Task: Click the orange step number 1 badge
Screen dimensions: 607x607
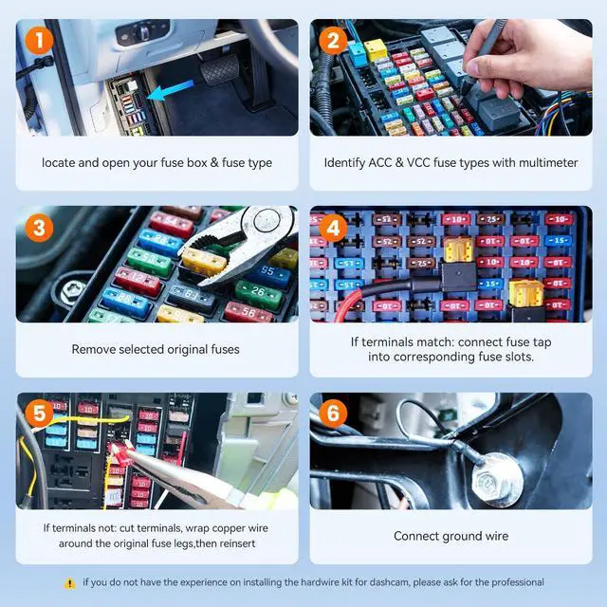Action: click(39, 40)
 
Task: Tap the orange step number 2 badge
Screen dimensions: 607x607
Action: click(333, 40)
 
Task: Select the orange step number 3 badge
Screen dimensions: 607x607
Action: click(39, 228)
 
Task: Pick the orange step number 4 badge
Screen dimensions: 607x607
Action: click(333, 228)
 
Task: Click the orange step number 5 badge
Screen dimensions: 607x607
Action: click(39, 414)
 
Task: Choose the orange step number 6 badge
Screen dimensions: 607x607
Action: click(333, 414)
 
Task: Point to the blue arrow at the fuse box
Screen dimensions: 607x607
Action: click(171, 91)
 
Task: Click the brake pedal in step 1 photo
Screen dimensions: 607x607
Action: click(220, 69)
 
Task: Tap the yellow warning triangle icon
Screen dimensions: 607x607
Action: click(69, 583)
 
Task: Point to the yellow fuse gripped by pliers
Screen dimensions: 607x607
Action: click(203, 262)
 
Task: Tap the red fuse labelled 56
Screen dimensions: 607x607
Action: click(248, 312)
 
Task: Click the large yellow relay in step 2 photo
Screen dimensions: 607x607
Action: click(375, 49)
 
